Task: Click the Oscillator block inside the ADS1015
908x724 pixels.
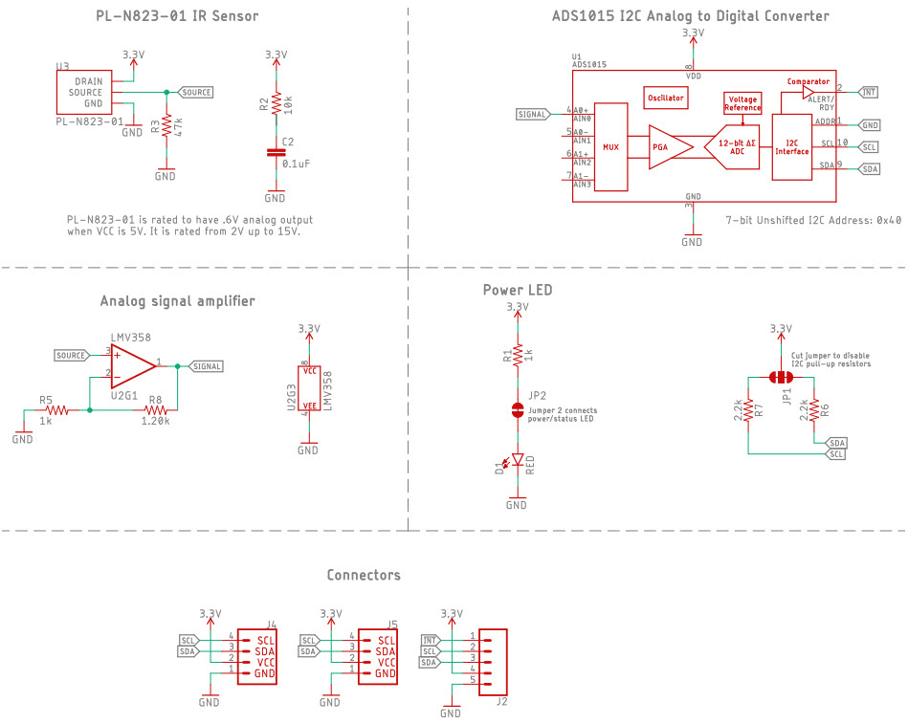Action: [x=666, y=99]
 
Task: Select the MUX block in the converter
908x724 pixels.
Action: [x=611, y=147]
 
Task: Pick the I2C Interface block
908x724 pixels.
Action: [x=791, y=146]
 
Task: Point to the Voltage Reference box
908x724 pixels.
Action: [x=742, y=103]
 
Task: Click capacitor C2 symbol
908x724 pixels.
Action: [x=276, y=151]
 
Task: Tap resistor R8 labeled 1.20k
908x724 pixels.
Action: [x=156, y=409]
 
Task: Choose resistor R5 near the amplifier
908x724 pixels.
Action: [x=55, y=409]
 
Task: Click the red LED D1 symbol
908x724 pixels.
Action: [x=517, y=462]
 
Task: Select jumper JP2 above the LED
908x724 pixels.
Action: [x=517, y=411]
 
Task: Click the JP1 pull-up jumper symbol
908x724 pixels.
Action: [x=782, y=377]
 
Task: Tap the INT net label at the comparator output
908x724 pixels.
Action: [x=869, y=93]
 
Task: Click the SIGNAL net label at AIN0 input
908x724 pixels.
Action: [x=533, y=114]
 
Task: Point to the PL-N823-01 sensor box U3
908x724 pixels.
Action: [x=83, y=93]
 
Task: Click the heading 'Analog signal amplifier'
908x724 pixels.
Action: [x=178, y=301]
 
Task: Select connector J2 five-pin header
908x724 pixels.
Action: [x=493, y=659]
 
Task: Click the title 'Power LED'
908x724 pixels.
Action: [x=518, y=290]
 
